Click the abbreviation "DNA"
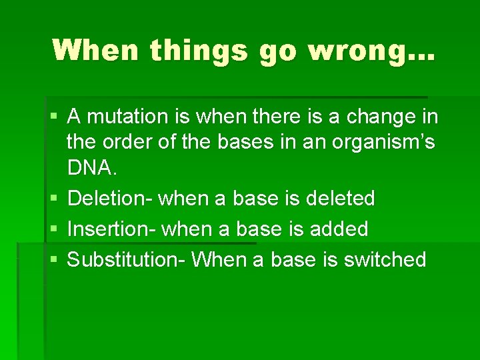pyautogui.click(x=92, y=167)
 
